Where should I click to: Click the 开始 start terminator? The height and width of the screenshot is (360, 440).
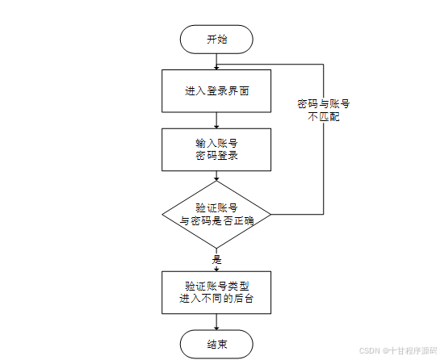pyautogui.click(x=216, y=40)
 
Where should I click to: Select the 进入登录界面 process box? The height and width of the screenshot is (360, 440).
pyautogui.click(x=216, y=91)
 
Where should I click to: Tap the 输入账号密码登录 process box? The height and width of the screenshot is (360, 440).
pyautogui.click(x=216, y=149)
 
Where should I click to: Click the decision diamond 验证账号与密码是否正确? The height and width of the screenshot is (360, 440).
pyautogui.click(x=216, y=215)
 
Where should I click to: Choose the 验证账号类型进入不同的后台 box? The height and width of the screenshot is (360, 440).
pyautogui.click(x=216, y=292)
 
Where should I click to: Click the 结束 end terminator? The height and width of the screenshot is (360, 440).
pyautogui.click(x=216, y=345)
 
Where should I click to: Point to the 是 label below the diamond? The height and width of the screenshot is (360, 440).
pyautogui.click(x=216, y=260)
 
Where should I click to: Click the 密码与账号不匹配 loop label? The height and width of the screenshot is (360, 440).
pyautogui.click(x=324, y=110)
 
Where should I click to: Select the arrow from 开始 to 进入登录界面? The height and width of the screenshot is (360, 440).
pyautogui.click(x=216, y=61)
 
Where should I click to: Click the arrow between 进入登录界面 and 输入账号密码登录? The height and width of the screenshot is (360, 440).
pyautogui.click(x=216, y=120)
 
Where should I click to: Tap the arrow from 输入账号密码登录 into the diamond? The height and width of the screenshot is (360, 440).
pyautogui.click(x=216, y=176)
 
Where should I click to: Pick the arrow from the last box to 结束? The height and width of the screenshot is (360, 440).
pyautogui.click(x=216, y=322)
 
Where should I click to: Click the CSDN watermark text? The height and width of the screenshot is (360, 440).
pyautogui.click(x=398, y=351)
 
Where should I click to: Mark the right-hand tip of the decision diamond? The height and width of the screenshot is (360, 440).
pyautogui.click(x=271, y=215)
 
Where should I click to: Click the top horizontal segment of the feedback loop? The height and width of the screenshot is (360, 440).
pyautogui.click(x=270, y=65)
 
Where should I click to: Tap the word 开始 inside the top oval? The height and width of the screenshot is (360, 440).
pyautogui.click(x=217, y=40)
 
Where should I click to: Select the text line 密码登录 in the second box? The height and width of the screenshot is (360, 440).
pyautogui.click(x=216, y=156)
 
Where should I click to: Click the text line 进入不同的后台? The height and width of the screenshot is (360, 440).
pyautogui.click(x=216, y=299)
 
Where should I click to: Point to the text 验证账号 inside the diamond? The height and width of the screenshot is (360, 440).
pyautogui.click(x=216, y=208)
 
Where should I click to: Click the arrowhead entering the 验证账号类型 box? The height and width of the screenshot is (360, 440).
pyautogui.click(x=216, y=269)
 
